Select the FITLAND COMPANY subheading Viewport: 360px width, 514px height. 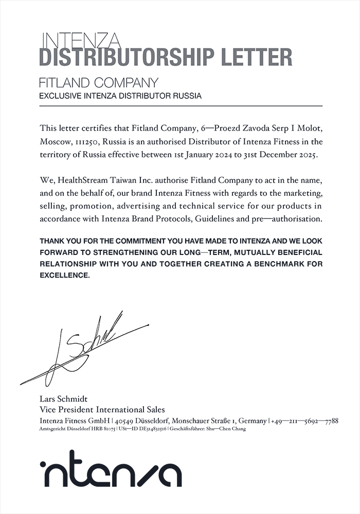click(98, 82)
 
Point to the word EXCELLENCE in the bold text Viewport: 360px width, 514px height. click(65, 276)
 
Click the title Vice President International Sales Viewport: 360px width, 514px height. click(102, 410)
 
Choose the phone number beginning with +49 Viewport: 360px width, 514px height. click(304, 421)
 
